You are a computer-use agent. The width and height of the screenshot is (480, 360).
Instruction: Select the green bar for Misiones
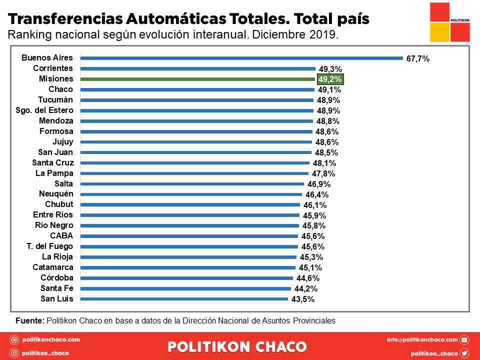tap(197, 79)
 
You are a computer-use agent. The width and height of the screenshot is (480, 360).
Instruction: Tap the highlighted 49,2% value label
tap(330, 79)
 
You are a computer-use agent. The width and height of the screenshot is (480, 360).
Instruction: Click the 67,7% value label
tap(418, 58)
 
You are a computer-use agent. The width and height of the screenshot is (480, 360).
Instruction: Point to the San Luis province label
tap(57, 299)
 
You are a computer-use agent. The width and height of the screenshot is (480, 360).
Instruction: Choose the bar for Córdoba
tap(186, 278)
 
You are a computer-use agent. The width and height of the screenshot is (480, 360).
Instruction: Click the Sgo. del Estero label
tap(45, 110)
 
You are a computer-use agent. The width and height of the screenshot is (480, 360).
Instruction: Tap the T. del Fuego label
tap(50, 246)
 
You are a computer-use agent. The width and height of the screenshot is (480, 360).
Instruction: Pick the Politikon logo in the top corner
tap(450, 22)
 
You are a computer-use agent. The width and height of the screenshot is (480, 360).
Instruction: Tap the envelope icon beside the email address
tap(464, 340)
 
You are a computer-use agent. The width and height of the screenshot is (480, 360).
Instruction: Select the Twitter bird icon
tap(464, 353)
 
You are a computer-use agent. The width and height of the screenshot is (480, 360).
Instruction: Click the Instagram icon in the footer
tap(14, 353)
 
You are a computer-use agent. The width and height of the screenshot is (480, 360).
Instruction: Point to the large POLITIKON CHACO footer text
tap(237, 346)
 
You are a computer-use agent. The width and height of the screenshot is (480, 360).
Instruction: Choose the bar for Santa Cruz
tap(194, 163)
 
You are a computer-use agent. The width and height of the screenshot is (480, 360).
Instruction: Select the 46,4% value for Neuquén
tap(317, 194)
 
